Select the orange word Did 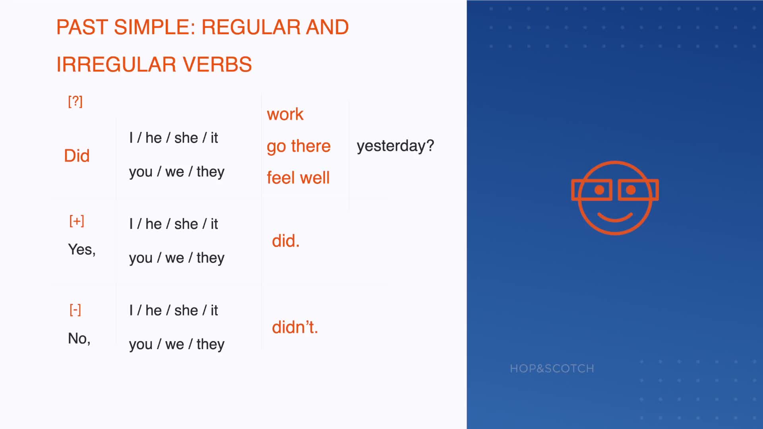tap(77, 156)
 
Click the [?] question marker tap(76, 101)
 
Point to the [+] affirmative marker tap(77, 221)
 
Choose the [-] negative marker tap(75, 310)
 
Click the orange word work tap(285, 114)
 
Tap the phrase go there tap(298, 146)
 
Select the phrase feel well tap(298, 178)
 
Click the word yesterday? tap(395, 146)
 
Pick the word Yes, tap(82, 249)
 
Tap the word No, tap(79, 338)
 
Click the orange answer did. tap(286, 241)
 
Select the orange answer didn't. tap(295, 327)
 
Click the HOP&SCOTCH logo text tap(552, 369)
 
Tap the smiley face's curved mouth tap(615, 217)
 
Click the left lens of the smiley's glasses tap(592, 190)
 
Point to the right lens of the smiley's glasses tap(638, 190)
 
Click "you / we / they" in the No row tap(177, 344)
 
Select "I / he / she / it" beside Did tap(174, 138)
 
